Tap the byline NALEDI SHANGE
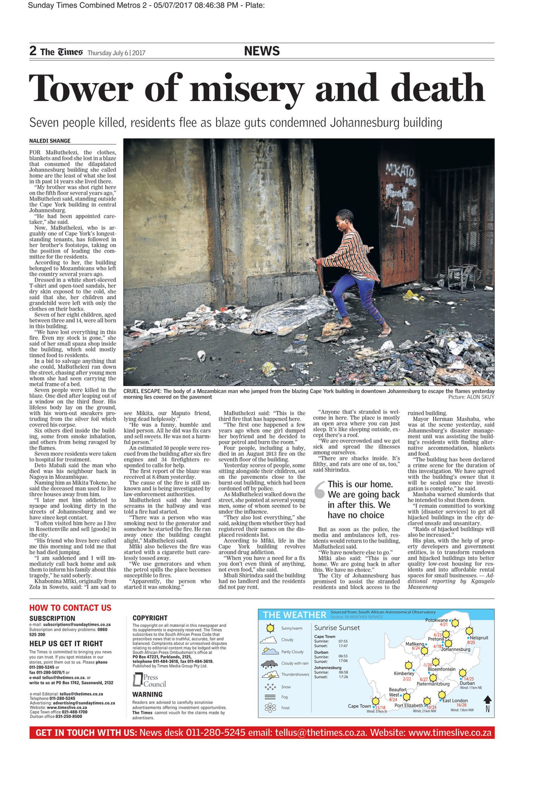coord(50,141)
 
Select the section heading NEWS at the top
coord(262,51)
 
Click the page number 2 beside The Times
coord(33,51)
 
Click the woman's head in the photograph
coord(345,217)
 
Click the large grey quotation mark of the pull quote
coord(319,489)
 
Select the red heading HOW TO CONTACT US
coord(70,608)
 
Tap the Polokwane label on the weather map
coord(437,620)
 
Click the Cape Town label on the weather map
coord(359,706)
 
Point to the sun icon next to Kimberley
coord(408,665)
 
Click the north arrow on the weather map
coord(488,700)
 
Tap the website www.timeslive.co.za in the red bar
coord(450,733)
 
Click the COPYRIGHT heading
coord(150,618)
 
